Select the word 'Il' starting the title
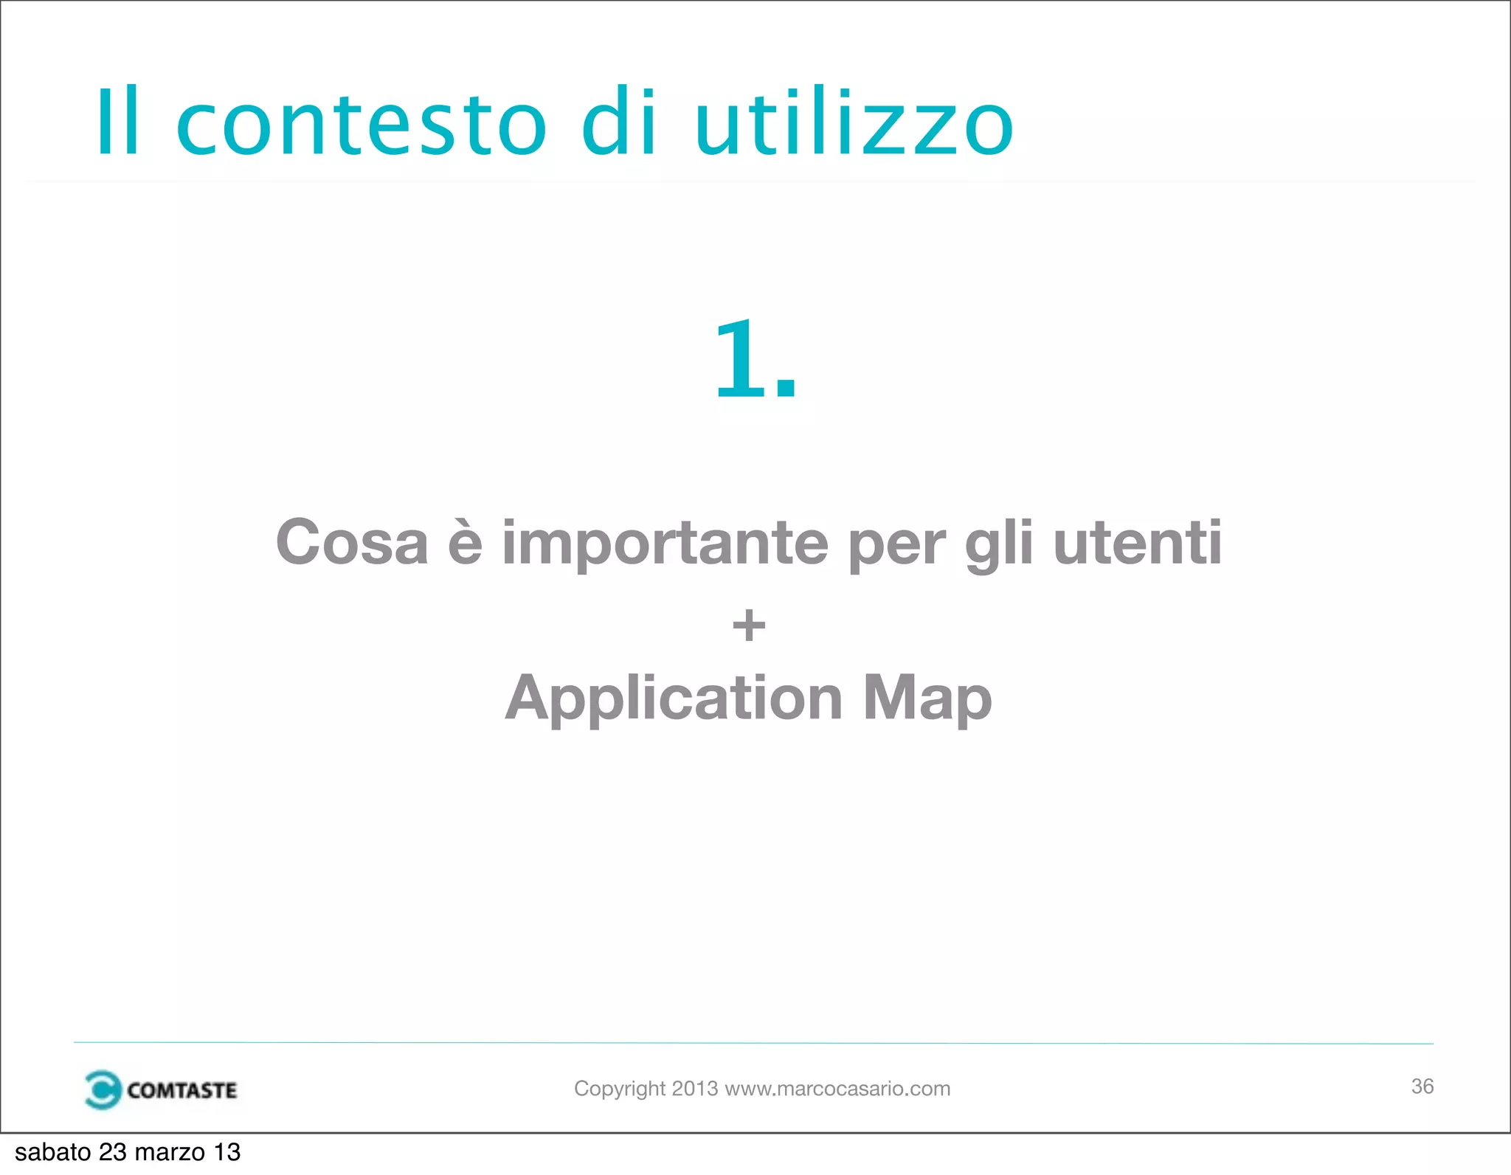coord(118,122)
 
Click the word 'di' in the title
coord(618,122)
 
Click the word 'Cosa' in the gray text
coord(352,542)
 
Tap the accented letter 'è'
coord(465,542)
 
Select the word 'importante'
coord(665,544)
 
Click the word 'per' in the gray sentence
coord(896,546)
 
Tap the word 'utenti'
coord(1138,542)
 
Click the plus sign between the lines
coord(749,625)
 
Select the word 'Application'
coord(674,699)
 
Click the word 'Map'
coord(927,699)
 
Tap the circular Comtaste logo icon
coord(102,1089)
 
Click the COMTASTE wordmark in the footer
coord(181,1090)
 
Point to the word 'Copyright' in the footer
coord(620,1089)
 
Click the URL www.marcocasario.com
coord(837,1089)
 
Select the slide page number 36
coord(1422,1086)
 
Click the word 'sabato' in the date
coord(52,1152)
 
